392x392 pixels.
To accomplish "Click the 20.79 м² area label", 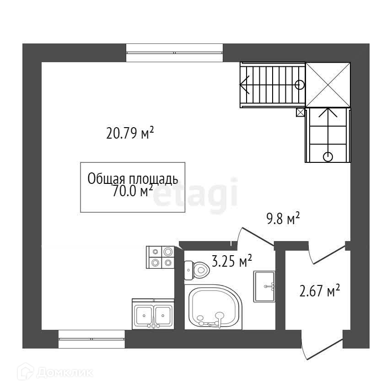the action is (x=130, y=133).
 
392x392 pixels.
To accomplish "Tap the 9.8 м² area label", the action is (x=283, y=218).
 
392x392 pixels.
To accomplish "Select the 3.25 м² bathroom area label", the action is (x=232, y=261).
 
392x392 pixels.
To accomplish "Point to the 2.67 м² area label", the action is (x=320, y=290).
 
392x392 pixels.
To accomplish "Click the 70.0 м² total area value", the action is (x=133, y=191).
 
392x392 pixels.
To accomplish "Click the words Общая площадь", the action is (x=133, y=179).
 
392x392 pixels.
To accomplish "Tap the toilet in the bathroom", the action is (x=197, y=270).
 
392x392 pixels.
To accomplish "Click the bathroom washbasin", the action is (x=264, y=286).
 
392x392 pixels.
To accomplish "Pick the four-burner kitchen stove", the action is (x=160, y=257).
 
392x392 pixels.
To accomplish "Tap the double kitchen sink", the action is (x=153, y=314).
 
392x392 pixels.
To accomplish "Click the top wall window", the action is (x=174, y=53).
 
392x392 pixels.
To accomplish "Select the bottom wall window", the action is (x=91, y=339).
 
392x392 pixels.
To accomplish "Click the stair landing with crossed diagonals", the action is (x=328, y=85).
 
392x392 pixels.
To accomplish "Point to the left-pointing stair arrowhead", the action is (x=244, y=85).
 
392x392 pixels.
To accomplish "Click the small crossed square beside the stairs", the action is (x=300, y=113).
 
